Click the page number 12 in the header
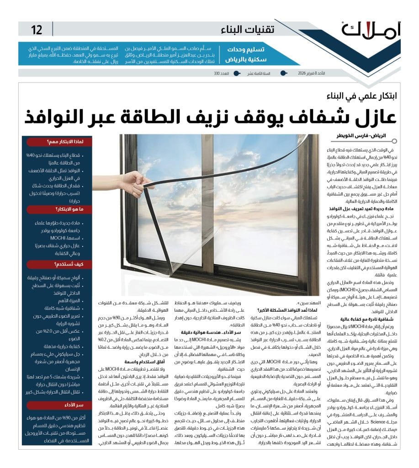[x=37, y=30]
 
